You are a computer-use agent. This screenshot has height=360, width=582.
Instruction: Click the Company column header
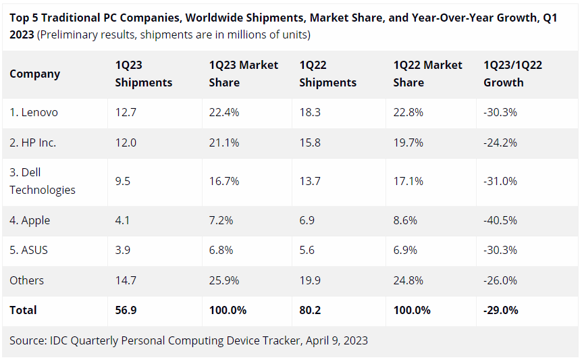(x=34, y=74)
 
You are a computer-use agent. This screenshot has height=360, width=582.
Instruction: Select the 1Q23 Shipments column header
(x=143, y=74)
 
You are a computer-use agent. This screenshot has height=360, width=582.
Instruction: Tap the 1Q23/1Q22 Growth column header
(x=512, y=74)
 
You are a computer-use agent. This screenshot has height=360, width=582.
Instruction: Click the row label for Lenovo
(x=34, y=113)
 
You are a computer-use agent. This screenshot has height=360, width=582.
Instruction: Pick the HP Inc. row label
(x=32, y=143)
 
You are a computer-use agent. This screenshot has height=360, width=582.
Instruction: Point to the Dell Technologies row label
(x=42, y=181)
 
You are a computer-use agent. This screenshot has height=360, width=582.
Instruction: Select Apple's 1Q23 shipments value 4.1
(x=122, y=220)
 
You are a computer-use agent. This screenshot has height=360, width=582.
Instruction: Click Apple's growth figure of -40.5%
(x=500, y=220)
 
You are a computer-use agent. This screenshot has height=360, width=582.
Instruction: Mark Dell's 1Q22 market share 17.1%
(x=408, y=181)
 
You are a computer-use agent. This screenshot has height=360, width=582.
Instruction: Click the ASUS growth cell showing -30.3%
(x=500, y=250)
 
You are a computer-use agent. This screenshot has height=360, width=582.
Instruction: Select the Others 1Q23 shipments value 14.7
(x=126, y=280)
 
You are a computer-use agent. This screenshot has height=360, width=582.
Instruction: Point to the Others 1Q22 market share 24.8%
(x=408, y=280)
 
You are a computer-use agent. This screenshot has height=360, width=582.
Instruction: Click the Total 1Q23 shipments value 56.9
(x=126, y=310)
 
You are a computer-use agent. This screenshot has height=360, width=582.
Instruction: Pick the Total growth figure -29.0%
(x=501, y=310)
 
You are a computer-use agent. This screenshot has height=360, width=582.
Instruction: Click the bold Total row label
(x=23, y=310)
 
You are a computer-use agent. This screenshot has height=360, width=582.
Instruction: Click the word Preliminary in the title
(x=70, y=34)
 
